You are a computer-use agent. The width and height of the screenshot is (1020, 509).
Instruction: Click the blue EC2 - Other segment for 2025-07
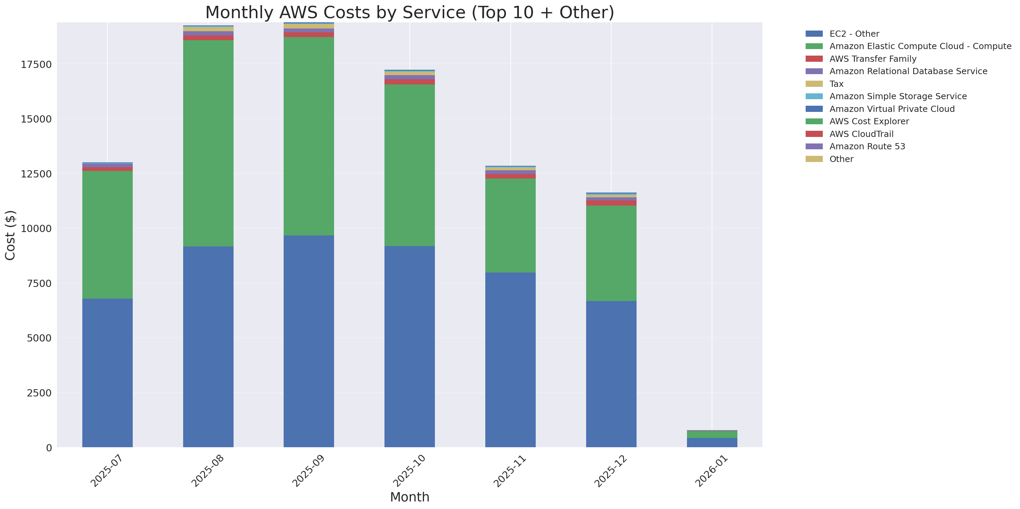coord(107,372)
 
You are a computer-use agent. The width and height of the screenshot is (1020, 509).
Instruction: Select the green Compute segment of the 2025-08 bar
coord(208,142)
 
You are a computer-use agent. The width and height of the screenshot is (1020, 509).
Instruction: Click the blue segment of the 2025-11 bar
coord(510,359)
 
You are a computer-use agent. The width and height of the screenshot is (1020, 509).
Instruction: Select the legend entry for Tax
coord(836,84)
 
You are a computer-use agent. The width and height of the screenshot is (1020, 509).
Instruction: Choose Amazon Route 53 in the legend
coord(867,147)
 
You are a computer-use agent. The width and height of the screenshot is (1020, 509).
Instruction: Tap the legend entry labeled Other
coord(841,159)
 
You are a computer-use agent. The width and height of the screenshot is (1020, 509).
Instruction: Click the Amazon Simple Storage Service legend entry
coord(898,96)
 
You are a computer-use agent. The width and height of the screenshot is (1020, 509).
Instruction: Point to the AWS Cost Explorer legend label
coord(869,122)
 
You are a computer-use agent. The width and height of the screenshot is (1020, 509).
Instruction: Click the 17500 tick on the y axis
coord(36,65)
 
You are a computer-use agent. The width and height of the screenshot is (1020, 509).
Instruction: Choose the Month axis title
coord(410,497)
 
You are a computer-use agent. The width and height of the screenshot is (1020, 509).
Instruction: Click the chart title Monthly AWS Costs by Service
coord(410,12)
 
